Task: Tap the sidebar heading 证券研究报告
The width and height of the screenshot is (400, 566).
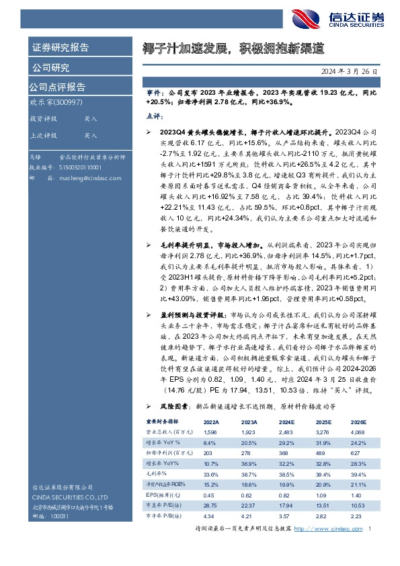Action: pos(60,48)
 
